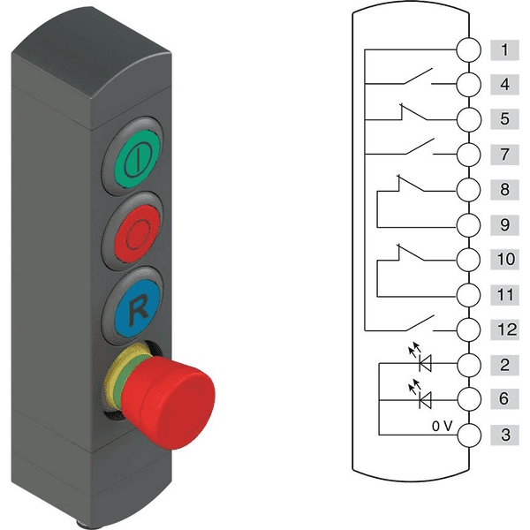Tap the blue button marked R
(138, 308)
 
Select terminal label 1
(504, 49)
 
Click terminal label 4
(504, 84)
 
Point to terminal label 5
(504, 118)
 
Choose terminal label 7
(504, 154)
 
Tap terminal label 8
(504, 188)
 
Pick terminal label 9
(504, 223)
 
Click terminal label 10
(504, 259)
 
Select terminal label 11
(504, 293)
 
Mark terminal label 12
(504, 329)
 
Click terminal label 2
(504, 363)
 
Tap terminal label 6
(504, 399)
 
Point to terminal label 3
(504, 435)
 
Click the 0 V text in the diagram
(443, 426)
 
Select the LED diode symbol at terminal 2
(425, 363)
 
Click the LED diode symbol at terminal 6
(425, 399)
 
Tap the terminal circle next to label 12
(469, 329)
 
